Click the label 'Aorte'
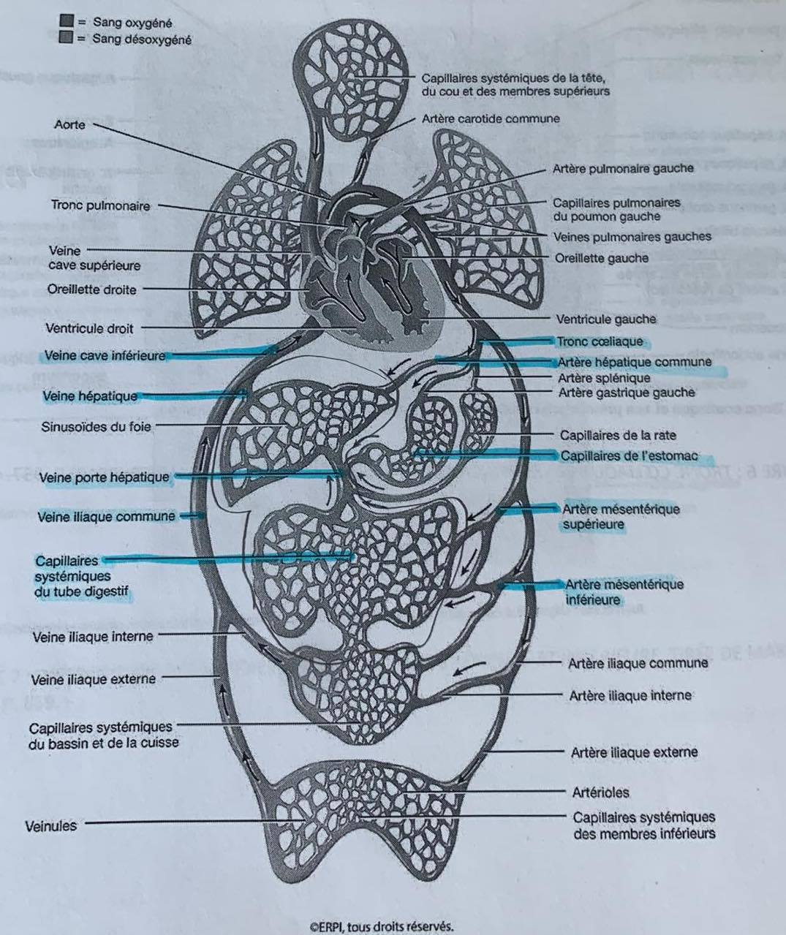click(69, 125)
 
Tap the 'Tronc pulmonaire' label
click(100, 206)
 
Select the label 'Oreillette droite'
click(91, 289)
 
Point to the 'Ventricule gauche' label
click(606, 319)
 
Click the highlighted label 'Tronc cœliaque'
click(600, 341)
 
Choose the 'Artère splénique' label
click(604, 378)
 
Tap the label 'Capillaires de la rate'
click(618, 435)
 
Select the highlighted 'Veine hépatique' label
click(90, 396)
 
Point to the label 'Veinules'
click(50, 826)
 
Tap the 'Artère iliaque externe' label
click(634, 752)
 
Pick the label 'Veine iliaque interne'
click(94, 637)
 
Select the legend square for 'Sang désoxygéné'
click(66, 39)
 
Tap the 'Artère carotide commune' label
click(491, 118)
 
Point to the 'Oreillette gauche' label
click(601, 258)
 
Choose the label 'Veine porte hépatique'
click(106, 478)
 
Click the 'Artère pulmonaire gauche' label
click(622, 168)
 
